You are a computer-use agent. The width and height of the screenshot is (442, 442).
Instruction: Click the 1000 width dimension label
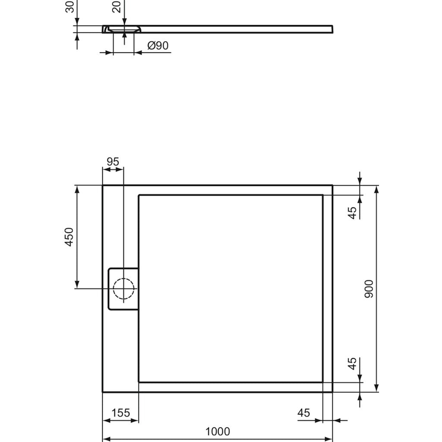tap(218, 431)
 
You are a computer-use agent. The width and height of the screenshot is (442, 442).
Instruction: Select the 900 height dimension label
tap(369, 289)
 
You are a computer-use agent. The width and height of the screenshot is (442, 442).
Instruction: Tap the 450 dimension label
tap(69, 237)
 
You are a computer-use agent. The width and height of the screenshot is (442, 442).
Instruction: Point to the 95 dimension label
tap(113, 161)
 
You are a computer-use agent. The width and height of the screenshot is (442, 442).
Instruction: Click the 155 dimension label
tap(121, 413)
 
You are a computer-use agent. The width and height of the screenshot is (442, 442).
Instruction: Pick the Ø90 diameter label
tap(158, 45)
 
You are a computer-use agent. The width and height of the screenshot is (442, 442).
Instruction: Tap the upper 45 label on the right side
tap(352, 212)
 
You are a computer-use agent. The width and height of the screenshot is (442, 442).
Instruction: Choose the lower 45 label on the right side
tap(352, 363)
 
